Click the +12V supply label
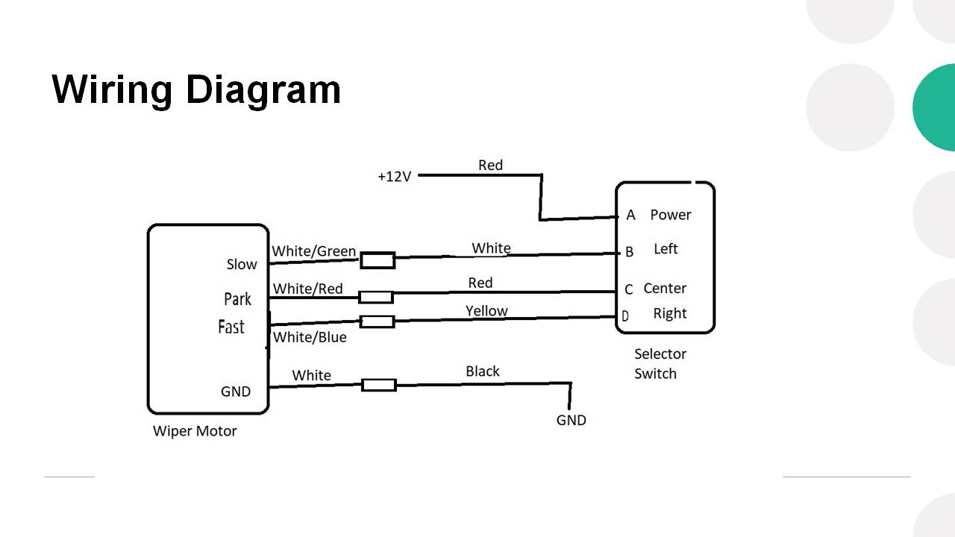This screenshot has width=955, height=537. tap(395, 177)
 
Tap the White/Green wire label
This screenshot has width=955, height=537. tap(314, 251)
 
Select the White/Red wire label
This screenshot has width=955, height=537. tap(308, 289)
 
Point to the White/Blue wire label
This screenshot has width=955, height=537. tap(310, 337)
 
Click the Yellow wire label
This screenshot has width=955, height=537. tap(486, 311)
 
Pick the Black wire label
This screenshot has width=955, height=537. tap(482, 371)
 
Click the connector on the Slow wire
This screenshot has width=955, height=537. tap(378, 260)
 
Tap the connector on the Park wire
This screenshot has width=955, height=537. tap(375, 297)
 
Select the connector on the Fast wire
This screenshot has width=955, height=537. tap(377, 321)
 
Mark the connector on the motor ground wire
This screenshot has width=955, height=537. tap(379, 386)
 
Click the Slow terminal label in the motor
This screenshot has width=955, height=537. tap(242, 264)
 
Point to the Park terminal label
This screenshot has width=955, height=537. tap(237, 299)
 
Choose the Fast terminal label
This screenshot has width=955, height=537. tap(231, 327)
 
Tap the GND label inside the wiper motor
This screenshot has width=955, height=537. tap(235, 392)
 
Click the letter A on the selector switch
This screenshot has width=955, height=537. tap(630, 215)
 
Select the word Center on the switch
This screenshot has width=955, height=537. tap(665, 288)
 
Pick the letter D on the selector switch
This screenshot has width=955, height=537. tap(625, 315)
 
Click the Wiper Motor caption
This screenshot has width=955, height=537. tap(195, 431)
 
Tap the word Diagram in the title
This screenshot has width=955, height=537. tap(263, 90)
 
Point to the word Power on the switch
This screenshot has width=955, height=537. tap(671, 215)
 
